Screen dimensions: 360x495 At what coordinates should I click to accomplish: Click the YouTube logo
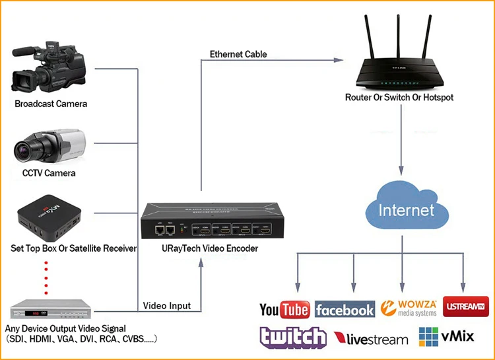pos(284,309)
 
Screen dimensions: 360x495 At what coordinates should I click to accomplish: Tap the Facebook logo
pos(345,309)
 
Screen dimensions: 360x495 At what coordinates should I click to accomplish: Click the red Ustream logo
pos(466,307)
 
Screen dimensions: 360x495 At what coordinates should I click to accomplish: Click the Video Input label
pos(167,306)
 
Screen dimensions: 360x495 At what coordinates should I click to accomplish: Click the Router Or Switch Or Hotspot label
pos(399,98)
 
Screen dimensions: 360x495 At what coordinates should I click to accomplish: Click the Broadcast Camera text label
pos(51,104)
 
